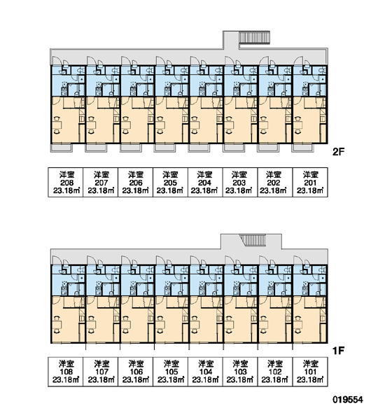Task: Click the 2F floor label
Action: coord(338,152)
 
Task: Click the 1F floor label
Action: coord(338,351)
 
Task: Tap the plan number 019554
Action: coord(348,400)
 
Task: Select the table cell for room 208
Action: coord(66,183)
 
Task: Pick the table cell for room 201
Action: coord(310,183)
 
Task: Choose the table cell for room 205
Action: coord(170,183)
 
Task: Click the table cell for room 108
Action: coord(66,372)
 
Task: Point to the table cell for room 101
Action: coord(310,372)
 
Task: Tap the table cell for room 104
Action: coord(205,372)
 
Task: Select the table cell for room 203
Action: coord(240,183)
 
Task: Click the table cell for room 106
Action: coord(136,372)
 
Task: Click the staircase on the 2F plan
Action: coord(254,38)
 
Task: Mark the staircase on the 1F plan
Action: coord(253,240)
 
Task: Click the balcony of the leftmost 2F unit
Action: coord(62,148)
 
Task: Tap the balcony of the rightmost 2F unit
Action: coord(302,148)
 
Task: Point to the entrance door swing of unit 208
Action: coord(55,60)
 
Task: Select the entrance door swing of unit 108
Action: coord(55,260)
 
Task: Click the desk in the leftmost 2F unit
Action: coord(57,125)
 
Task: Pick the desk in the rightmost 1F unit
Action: coord(298,325)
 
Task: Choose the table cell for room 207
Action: coord(101,183)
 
